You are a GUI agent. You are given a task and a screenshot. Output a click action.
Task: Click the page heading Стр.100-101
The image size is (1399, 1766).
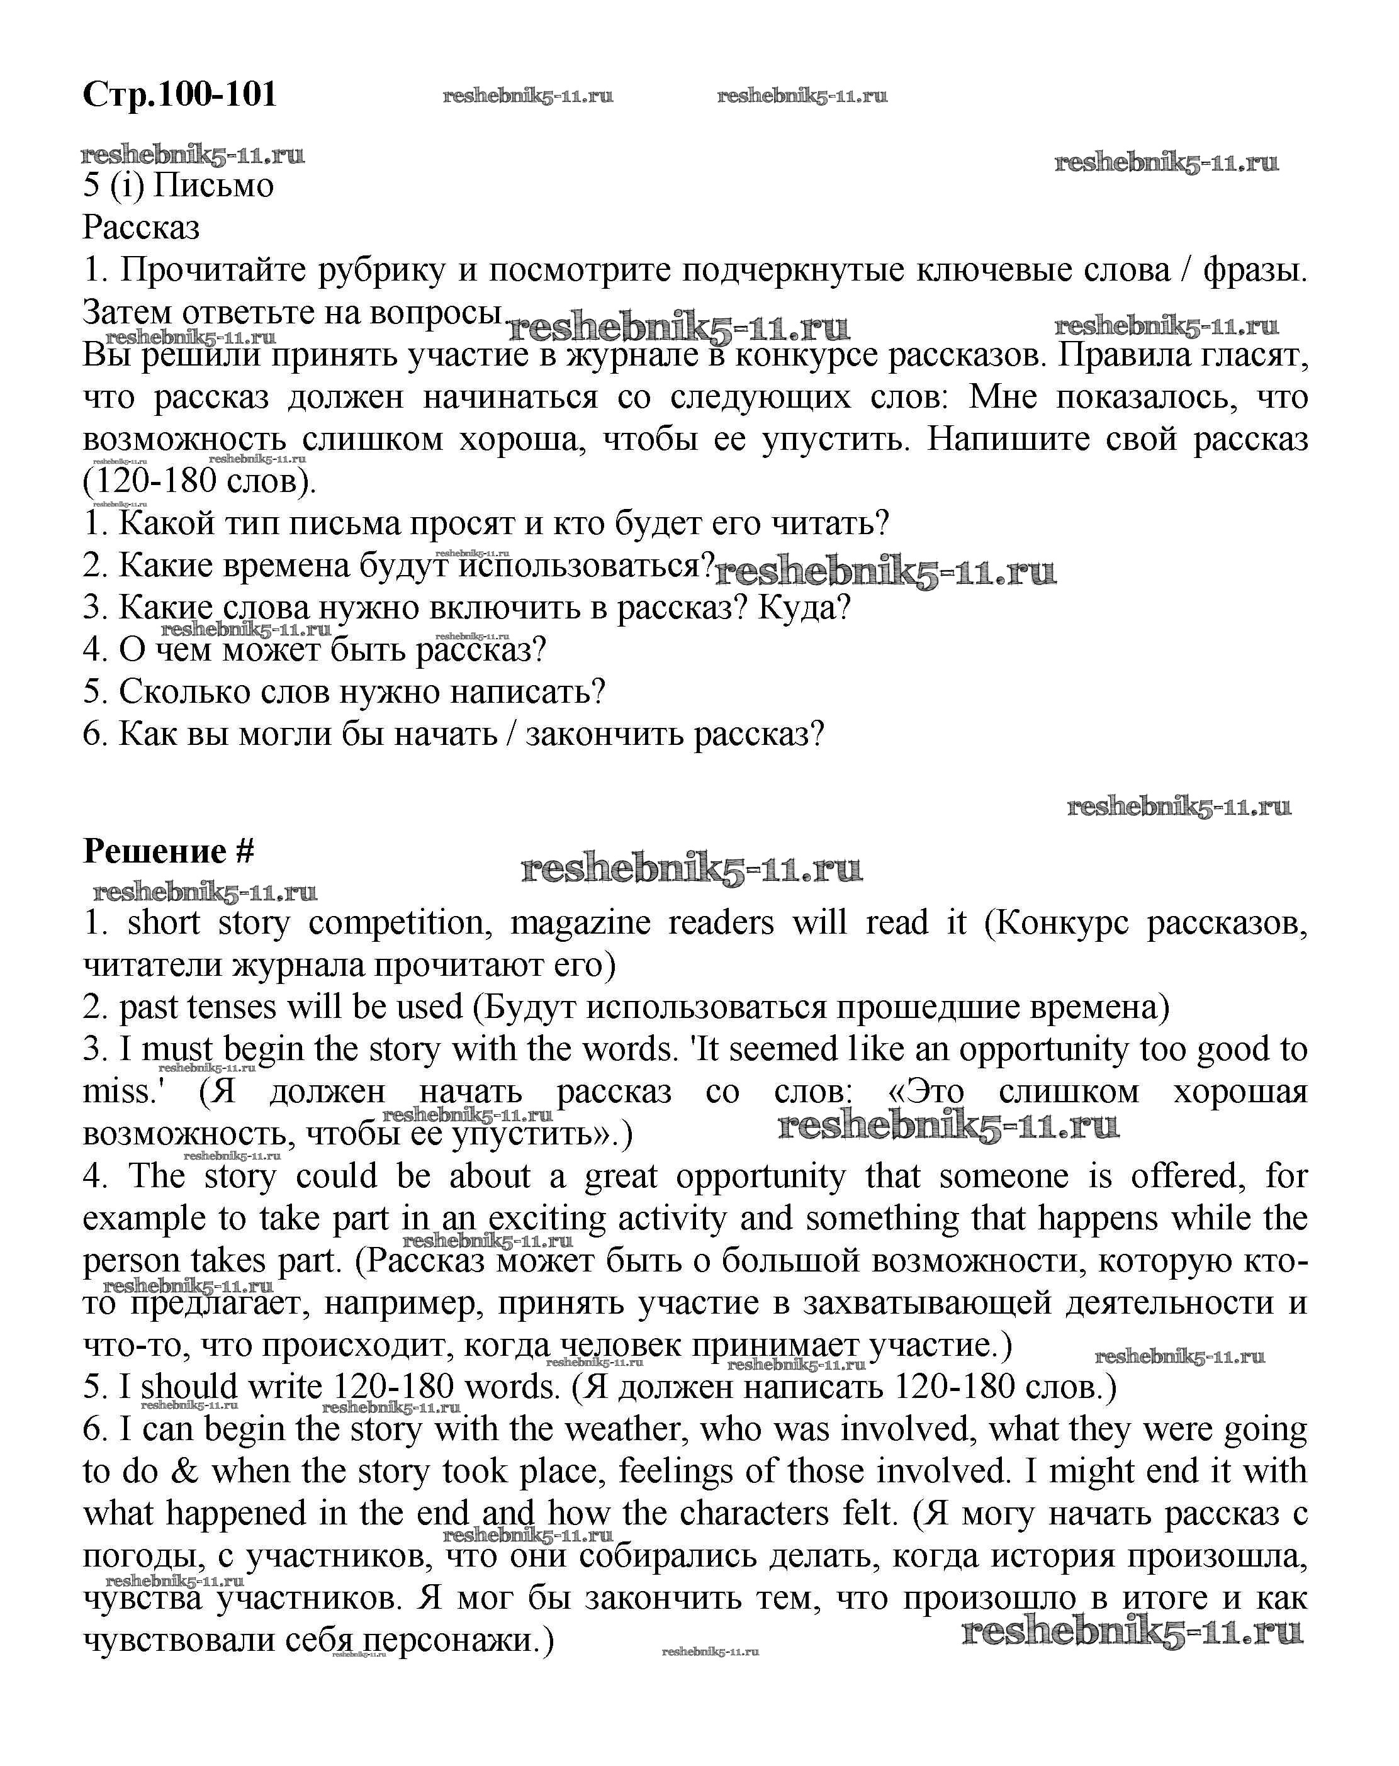179,95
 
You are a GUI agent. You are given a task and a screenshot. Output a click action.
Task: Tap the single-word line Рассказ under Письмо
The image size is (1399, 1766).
141,228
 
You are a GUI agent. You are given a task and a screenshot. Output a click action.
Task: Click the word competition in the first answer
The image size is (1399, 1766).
398,924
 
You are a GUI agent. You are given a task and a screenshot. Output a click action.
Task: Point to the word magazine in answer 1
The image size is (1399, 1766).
579,924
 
